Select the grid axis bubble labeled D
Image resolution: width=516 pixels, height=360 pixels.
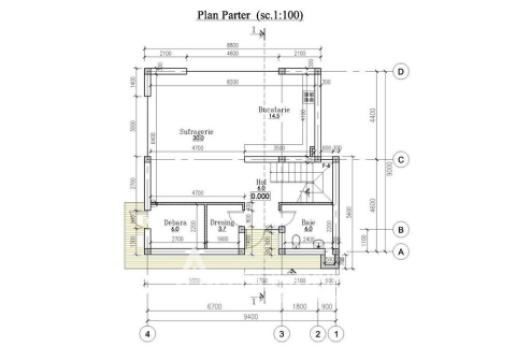(x=400, y=72)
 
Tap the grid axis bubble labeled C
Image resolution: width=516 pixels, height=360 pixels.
(x=400, y=159)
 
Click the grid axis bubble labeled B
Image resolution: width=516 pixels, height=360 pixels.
(x=400, y=229)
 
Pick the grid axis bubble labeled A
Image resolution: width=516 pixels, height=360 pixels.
(x=400, y=252)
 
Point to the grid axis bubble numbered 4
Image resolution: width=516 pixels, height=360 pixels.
(x=146, y=332)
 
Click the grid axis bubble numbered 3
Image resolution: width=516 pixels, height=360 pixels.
(x=282, y=332)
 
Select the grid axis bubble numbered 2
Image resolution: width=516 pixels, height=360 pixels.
(x=318, y=332)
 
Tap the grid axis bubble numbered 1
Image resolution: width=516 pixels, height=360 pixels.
(x=336, y=332)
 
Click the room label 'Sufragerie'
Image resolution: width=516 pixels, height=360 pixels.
(x=193, y=131)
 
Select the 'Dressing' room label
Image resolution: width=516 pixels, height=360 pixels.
(x=221, y=223)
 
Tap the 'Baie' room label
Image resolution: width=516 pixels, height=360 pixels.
(x=309, y=223)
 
